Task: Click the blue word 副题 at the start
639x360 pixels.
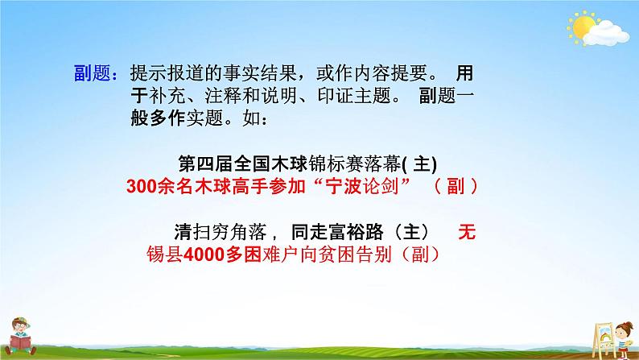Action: [91, 73]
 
